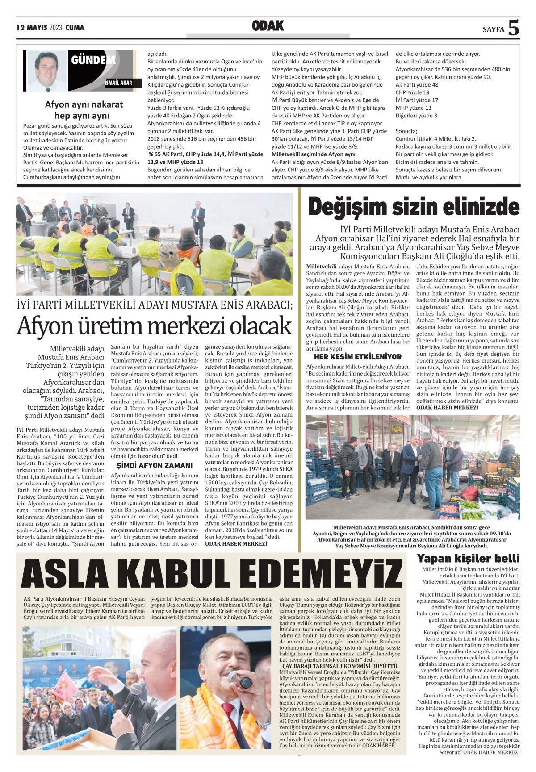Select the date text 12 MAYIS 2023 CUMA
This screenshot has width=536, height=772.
point(50,28)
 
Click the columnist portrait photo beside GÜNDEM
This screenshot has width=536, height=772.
point(47,70)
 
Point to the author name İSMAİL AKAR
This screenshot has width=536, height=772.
point(118,83)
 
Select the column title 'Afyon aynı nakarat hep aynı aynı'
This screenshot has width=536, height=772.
point(84,110)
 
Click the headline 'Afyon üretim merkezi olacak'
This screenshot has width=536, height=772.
point(154,327)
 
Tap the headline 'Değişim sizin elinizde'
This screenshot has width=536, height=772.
point(414,208)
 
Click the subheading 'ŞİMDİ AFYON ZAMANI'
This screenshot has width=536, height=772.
point(154,465)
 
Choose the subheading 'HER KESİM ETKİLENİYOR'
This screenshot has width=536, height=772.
point(357,357)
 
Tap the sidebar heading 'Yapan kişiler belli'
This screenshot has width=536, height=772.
point(468,558)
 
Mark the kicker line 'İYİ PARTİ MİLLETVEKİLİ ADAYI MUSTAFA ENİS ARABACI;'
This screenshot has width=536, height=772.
point(154,305)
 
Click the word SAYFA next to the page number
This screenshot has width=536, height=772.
point(493,30)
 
